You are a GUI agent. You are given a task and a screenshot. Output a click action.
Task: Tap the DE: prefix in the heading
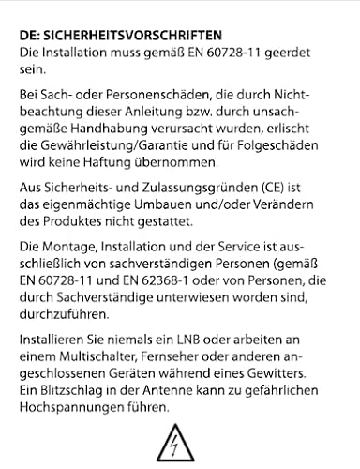[30, 35]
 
